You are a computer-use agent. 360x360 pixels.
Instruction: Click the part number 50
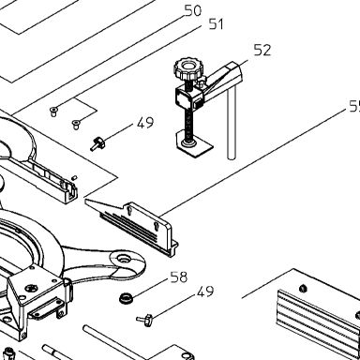192,10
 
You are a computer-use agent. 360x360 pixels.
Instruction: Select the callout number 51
217,24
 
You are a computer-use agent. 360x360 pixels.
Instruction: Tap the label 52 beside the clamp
262,50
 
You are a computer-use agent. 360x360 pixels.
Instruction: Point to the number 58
179,277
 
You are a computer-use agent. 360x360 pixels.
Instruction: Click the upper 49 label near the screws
145,123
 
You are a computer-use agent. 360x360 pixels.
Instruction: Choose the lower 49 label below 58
205,292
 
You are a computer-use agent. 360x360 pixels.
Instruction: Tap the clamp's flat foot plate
194,144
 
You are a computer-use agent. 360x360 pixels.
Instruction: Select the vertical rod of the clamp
232,124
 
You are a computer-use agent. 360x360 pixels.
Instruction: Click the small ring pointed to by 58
127,297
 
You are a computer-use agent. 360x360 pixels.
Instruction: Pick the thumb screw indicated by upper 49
97,143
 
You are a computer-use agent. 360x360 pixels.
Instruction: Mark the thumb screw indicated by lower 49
145,320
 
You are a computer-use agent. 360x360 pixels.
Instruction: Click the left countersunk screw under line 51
53,111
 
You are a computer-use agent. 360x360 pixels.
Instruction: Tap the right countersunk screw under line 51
76,124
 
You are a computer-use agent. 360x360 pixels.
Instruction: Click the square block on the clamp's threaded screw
184,98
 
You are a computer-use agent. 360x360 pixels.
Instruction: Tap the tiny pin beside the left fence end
74,178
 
